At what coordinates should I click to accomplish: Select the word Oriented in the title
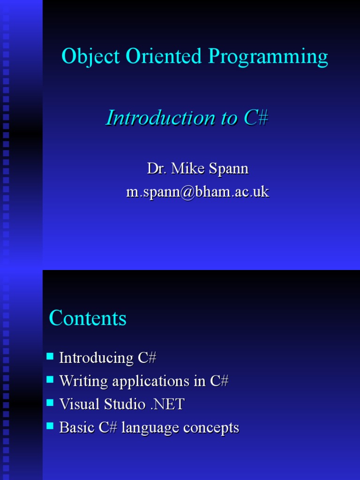tap(159, 57)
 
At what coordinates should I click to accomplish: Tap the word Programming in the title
tap(268, 57)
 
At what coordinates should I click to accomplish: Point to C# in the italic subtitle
tap(255, 118)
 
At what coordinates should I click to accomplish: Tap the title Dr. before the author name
tap(157, 168)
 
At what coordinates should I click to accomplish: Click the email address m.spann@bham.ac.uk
tap(197, 191)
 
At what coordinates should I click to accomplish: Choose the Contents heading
tap(88, 318)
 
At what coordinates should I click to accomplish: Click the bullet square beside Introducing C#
tap(50, 357)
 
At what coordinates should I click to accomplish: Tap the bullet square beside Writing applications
tap(50, 380)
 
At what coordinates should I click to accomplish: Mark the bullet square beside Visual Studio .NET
tap(50, 403)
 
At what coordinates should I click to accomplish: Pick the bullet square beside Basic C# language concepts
tap(50, 427)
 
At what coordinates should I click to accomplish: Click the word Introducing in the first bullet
tap(96, 358)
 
